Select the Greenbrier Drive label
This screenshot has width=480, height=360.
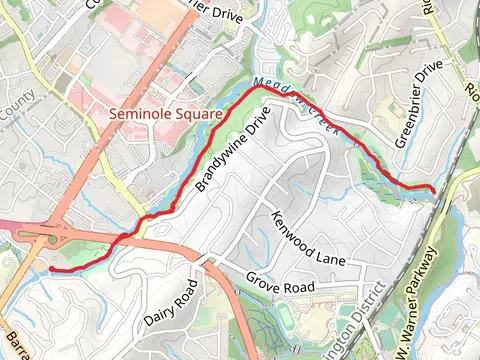click(x=417, y=106)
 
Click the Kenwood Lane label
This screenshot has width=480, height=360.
click(x=307, y=237)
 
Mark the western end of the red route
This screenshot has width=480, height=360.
click(x=50, y=269)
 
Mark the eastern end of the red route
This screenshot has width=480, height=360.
click(x=433, y=189)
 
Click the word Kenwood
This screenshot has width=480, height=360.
click(x=293, y=227)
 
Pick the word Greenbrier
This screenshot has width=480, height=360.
click(x=409, y=118)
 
